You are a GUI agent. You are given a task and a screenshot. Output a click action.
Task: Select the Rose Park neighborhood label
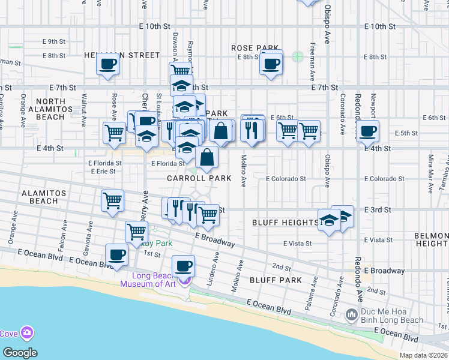(x=255, y=48)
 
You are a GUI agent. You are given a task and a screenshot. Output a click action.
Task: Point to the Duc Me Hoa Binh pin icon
(x=352, y=314)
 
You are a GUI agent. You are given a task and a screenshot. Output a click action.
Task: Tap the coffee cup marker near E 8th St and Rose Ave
(x=108, y=64)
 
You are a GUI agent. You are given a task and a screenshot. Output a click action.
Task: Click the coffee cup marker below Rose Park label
(x=271, y=63)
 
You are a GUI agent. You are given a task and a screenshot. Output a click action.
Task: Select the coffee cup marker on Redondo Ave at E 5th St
(x=367, y=131)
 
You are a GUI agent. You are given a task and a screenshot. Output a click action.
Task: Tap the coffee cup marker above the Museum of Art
(x=183, y=265)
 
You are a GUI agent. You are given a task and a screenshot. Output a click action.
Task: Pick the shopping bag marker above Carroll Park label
(x=206, y=157)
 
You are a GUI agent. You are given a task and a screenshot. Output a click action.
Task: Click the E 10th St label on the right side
(x=380, y=27)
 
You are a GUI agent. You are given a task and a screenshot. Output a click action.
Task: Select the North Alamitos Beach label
(x=58, y=109)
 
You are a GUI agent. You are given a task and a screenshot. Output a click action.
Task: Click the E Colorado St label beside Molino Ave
(x=286, y=179)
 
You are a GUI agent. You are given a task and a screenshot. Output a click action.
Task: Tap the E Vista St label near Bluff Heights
(x=298, y=244)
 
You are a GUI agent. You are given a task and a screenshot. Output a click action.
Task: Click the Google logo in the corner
(x=20, y=353)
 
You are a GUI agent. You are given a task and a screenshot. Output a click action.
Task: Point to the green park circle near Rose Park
(x=297, y=57)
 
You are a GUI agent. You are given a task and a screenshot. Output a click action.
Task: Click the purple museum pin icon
(x=184, y=280)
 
